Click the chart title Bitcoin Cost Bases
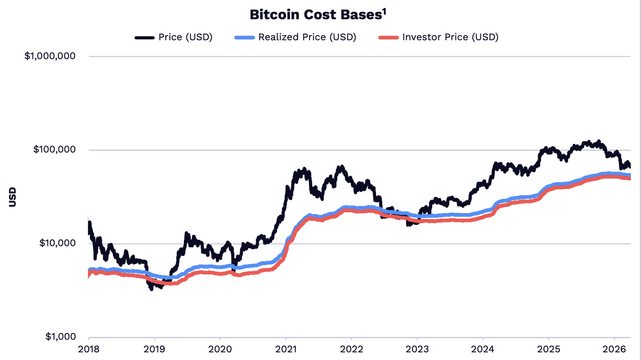[x=315, y=15]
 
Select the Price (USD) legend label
[x=185, y=37]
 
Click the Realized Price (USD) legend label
[x=307, y=37]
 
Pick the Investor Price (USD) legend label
[x=450, y=37]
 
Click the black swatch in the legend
[x=144, y=38]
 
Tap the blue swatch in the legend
[x=244, y=38]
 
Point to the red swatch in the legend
[x=388, y=38]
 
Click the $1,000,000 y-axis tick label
[x=50, y=56]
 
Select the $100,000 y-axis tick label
[x=54, y=150]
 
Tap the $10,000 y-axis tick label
[x=57, y=243]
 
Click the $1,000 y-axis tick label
[x=60, y=336]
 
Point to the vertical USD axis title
[x=13, y=197]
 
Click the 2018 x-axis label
[x=89, y=350]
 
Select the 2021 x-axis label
[x=286, y=350]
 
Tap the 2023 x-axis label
[x=417, y=350]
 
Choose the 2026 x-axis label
[x=614, y=350]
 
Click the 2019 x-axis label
[x=154, y=350]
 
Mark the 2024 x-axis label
[x=483, y=350]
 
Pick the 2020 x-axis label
[x=220, y=350]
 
